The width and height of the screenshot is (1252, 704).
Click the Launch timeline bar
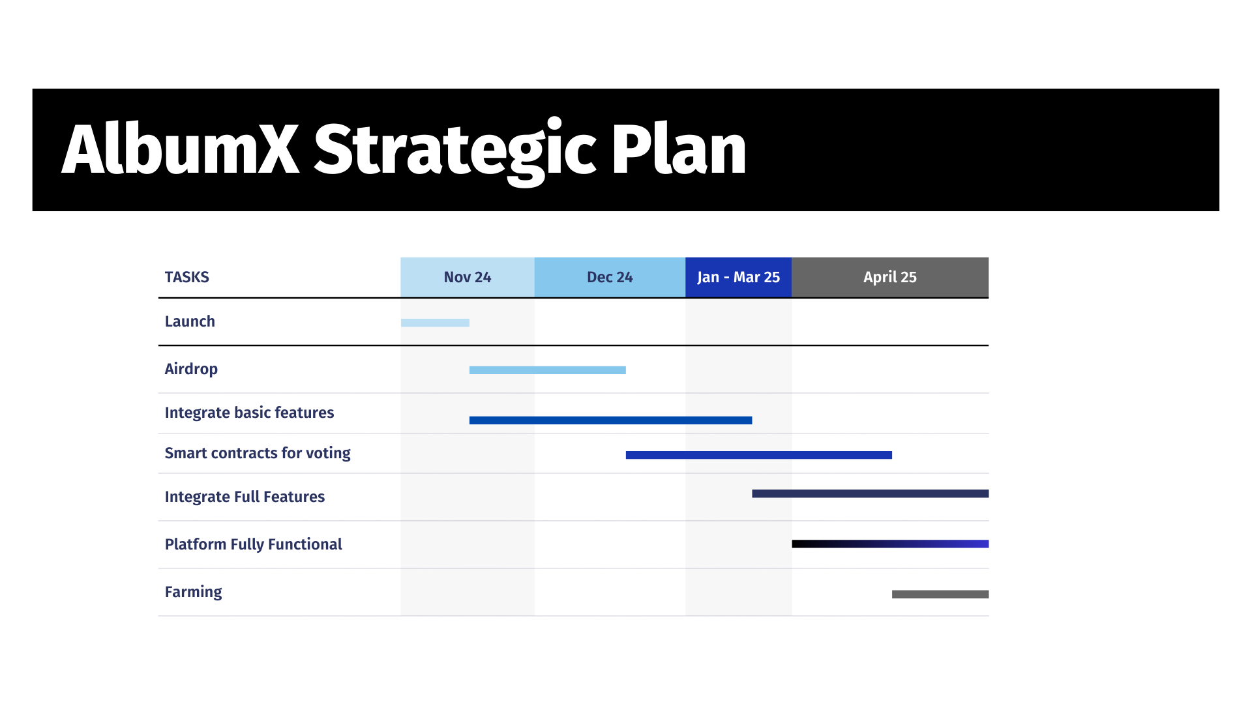[x=435, y=323]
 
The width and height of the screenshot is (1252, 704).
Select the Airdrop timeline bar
[x=548, y=370]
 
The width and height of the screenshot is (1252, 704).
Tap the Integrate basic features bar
[x=610, y=420]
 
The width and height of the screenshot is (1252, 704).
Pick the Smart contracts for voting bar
[x=759, y=455]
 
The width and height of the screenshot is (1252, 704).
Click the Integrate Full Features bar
[x=871, y=494]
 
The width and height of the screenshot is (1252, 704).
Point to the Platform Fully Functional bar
[x=891, y=544]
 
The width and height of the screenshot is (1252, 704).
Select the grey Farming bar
[x=940, y=594]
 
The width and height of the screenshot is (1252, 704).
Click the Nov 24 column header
[x=468, y=278]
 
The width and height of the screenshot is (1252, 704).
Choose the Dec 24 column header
[x=610, y=278]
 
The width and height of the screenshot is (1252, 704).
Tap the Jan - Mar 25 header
[x=739, y=278]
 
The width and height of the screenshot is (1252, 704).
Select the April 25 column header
[x=890, y=278]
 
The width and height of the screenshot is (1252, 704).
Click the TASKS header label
[x=187, y=277]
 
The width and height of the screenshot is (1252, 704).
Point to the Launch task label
[x=190, y=321]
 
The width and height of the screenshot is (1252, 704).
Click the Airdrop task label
[x=191, y=370]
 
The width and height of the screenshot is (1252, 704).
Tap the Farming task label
[x=193, y=593]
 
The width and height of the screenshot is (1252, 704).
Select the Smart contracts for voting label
[x=258, y=453]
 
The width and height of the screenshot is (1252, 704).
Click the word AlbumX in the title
[x=181, y=149]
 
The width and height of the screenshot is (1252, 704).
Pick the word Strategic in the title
[x=455, y=152]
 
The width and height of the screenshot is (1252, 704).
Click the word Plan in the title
[x=679, y=149]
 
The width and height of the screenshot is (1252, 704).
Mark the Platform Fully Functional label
[x=253, y=545]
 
